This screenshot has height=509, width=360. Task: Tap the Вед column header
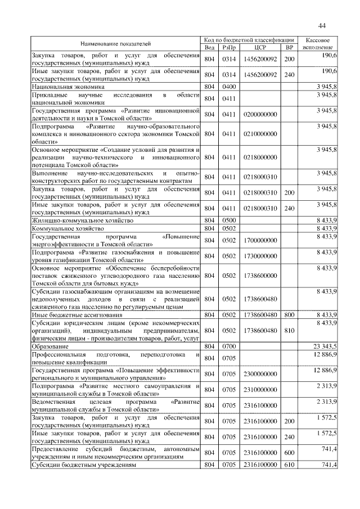tap(209, 47)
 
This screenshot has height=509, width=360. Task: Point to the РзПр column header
tap(228, 47)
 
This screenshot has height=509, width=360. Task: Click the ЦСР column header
tap(260, 47)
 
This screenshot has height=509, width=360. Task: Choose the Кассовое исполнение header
tap(320, 44)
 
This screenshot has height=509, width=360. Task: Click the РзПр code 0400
tap(228, 87)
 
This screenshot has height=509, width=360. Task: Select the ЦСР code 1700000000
tap(260, 240)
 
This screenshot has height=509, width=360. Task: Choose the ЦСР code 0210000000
tap(260, 134)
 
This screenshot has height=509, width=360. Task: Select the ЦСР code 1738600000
tap(260, 276)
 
